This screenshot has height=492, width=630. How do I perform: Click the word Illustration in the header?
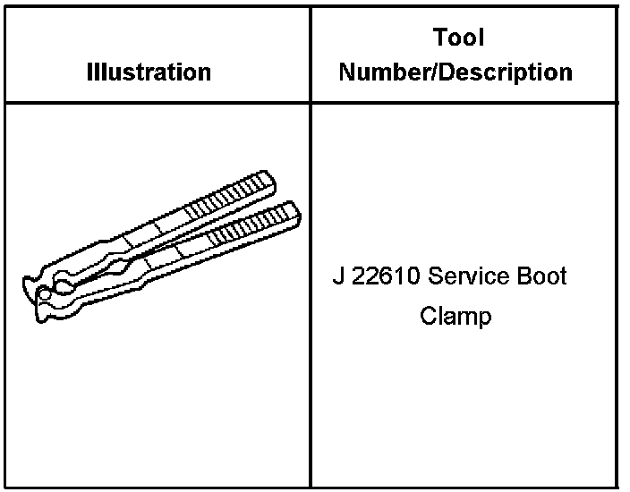point(149,72)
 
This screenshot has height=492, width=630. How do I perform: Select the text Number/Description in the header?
point(455,72)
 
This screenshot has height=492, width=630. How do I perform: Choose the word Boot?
point(540,276)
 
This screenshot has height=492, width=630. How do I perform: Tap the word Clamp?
point(455,316)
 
